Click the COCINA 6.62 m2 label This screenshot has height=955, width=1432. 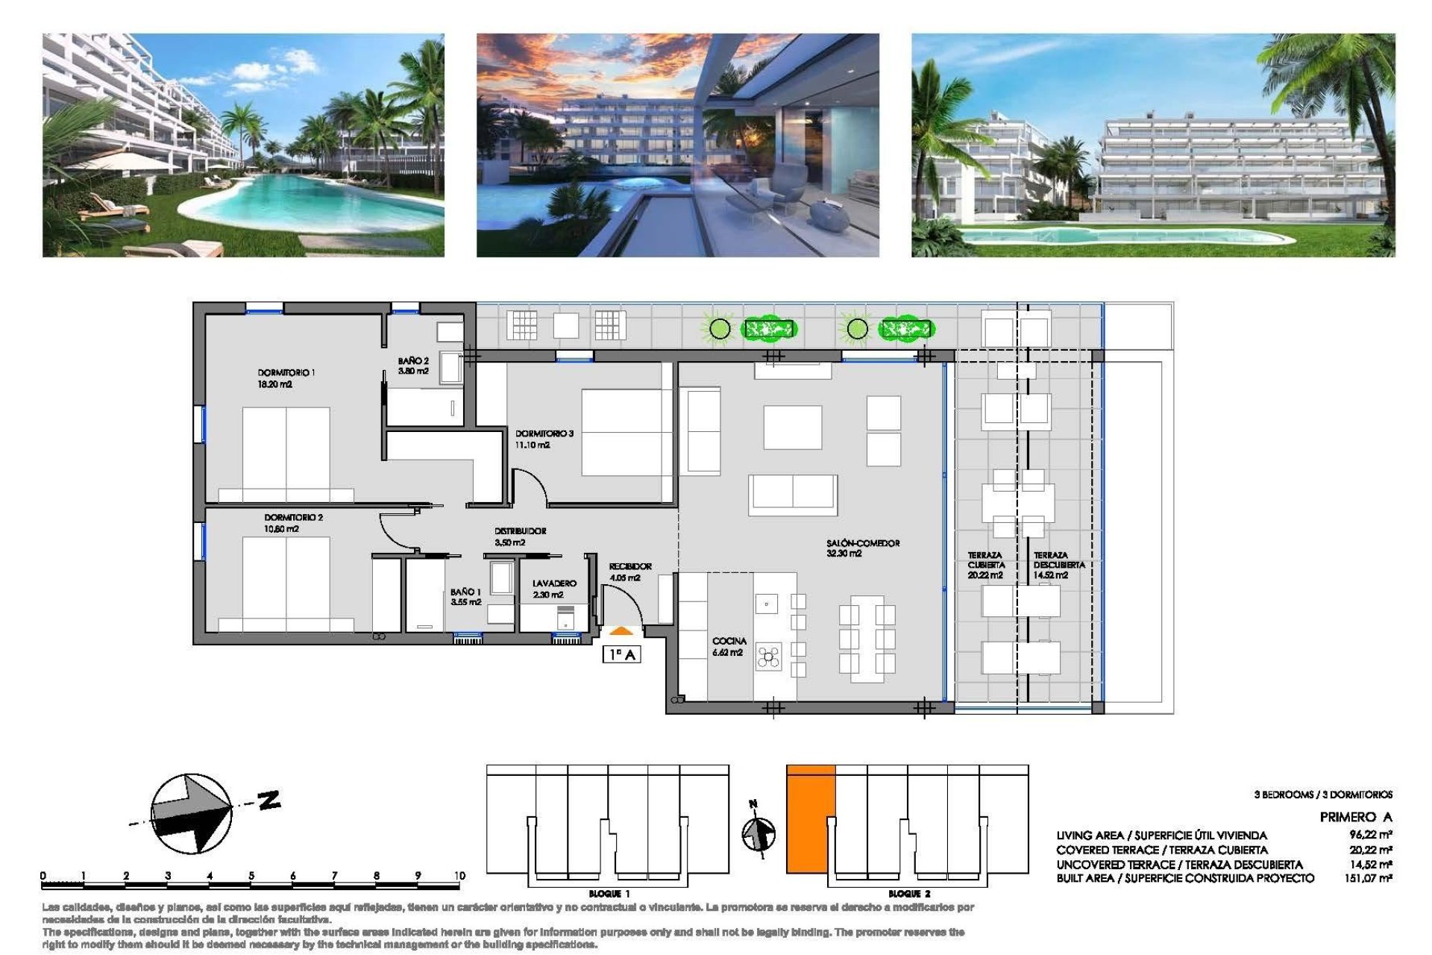point(728,647)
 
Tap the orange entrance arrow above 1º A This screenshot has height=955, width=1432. point(621,632)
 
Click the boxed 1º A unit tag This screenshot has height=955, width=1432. point(621,654)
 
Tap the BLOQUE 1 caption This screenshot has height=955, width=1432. point(609,894)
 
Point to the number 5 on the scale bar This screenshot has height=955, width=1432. point(251,876)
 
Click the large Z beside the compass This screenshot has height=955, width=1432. point(268,800)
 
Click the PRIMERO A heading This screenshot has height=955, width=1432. point(1355,817)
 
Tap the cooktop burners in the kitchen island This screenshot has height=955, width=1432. point(768,657)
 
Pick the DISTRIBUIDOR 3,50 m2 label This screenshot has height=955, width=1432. point(520,536)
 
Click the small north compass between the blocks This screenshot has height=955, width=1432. point(759,833)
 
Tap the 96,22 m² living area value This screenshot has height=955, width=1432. point(1370,836)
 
